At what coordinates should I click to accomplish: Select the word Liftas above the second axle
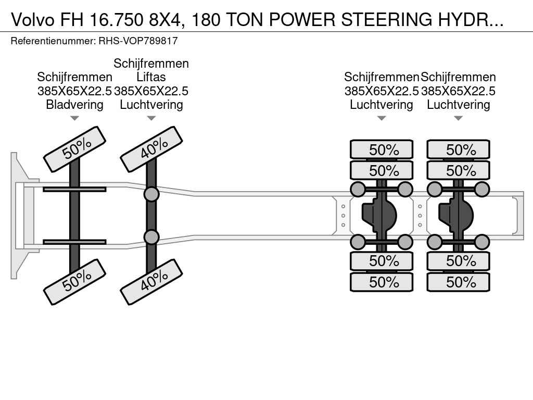(151, 78)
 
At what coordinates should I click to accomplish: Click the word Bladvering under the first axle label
(74, 105)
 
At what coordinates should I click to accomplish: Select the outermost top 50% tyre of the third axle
(382, 150)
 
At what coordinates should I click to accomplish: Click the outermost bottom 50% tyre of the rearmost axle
(459, 282)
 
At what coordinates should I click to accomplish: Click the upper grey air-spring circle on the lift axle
(151, 194)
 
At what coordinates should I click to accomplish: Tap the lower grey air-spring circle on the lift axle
(151, 237)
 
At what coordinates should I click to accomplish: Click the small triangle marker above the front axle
(74, 118)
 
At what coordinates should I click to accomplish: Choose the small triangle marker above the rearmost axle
(459, 118)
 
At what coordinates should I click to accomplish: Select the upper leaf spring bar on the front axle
(74, 190)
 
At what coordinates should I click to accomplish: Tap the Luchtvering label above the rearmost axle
(459, 105)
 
